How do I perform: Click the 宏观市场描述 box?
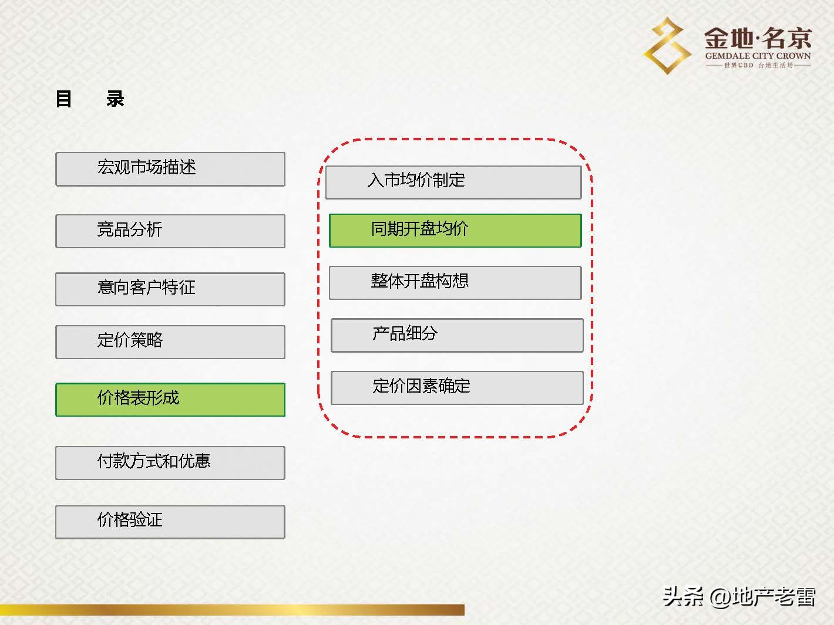click(170, 169)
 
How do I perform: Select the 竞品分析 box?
click(170, 231)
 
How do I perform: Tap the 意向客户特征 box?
click(170, 289)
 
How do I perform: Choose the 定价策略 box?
click(170, 342)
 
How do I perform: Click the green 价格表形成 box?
click(170, 400)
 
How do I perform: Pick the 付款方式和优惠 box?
click(170, 462)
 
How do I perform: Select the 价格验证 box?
click(170, 522)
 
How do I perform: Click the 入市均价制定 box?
click(453, 182)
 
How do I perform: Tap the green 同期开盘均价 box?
click(455, 230)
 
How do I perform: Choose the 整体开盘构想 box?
click(455, 282)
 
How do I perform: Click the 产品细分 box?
click(457, 335)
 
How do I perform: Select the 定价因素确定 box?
click(457, 387)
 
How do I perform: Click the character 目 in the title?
click(63, 99)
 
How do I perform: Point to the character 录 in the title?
click(115, 99)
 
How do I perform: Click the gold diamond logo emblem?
click(667, 45)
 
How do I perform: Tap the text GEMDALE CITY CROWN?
click(758, 56)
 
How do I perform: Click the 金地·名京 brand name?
click(758, 39)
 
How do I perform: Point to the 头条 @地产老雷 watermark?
click(739, 597)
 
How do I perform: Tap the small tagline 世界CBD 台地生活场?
click(758, 65)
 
